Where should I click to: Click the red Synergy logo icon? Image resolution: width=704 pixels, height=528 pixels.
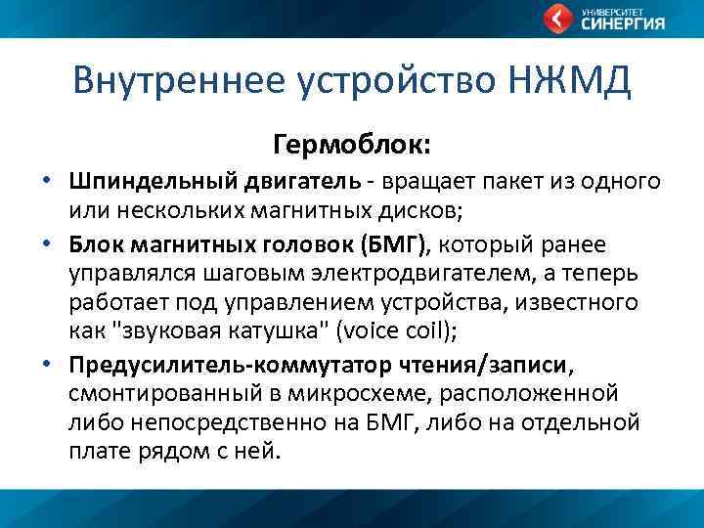(x=557, y=19)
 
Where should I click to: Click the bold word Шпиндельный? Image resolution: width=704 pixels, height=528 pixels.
(x=144, y=183)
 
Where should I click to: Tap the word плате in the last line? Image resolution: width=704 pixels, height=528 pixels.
(x=99, y=453)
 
